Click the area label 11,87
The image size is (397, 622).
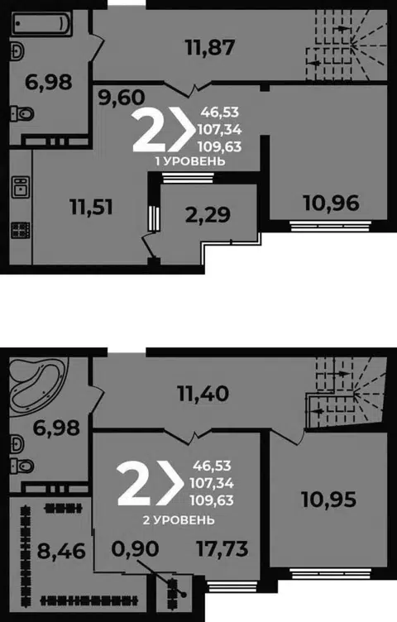point(210,47)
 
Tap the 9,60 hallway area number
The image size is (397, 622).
point(122,98)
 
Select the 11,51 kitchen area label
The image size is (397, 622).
point(91,207)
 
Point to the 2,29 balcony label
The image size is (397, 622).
point(208,214)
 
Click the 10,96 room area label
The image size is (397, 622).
point(332,203)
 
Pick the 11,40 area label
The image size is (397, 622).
point(203,394)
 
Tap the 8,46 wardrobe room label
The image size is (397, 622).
point(61,551)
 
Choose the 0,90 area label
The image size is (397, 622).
point(136,548)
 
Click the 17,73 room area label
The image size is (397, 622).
point(222,548)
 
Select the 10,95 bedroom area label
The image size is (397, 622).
point(329,499)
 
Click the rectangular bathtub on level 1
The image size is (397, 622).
point(41,23)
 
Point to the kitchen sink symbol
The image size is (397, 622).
point(20,187)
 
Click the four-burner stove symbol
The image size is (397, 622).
point(20,230)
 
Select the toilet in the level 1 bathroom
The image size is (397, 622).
point(22,114)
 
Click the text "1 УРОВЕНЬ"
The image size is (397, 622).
point(190,161)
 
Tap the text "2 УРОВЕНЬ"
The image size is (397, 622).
point(179,519)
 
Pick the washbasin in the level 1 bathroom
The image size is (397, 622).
point(18,51)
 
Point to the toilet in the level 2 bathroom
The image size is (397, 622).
point(22,466)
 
